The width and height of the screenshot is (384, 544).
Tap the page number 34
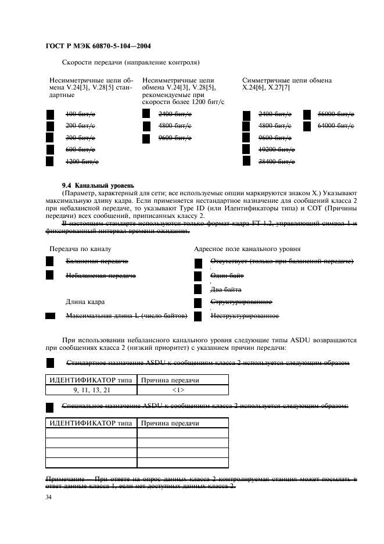[49, 498]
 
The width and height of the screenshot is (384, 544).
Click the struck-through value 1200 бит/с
[82, 161]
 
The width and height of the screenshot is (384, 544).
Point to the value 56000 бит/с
[336, 114]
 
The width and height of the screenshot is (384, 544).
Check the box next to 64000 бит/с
[307, 126]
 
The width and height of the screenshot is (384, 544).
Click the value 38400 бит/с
[277, 161]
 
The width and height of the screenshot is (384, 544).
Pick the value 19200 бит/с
[277, 149]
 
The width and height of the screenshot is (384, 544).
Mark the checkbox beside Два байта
[198, 288]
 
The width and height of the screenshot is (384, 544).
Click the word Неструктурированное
[244, 316]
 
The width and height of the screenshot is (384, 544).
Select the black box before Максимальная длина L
[50, 316]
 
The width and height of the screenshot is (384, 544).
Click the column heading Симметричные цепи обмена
[286, 80]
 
